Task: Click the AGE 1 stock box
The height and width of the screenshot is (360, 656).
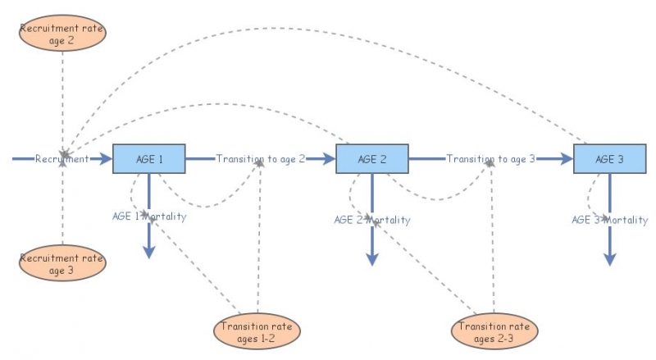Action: coord(148,159)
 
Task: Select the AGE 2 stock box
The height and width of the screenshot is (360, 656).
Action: coord(371,159)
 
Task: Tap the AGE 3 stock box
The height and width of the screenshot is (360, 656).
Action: coord(608,159)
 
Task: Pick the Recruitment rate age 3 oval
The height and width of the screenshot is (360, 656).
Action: coord(62,263)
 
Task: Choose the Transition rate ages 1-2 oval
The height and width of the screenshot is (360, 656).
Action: coord(257,331)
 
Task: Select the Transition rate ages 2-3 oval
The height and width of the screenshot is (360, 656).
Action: coord(495,331)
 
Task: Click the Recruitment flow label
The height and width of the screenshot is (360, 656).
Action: coord(61,159)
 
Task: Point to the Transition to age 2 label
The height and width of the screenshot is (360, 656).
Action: coord(260,159)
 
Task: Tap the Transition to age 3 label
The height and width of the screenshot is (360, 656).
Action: coord(490,159)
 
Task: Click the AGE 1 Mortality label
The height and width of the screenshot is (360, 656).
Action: coord(149,216)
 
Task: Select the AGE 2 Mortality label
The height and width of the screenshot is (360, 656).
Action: coord(372,220)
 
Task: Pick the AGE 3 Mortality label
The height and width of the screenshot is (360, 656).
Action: coord(609,220)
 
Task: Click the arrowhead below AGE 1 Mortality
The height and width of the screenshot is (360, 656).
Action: coord(148,252)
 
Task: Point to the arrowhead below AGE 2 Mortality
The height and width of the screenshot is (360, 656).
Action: coord(371,257)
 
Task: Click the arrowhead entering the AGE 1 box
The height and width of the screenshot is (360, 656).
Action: coord(104,159)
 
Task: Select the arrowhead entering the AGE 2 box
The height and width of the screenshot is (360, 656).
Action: coord(328,159)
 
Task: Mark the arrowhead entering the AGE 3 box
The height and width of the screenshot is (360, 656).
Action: coord(565,159)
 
